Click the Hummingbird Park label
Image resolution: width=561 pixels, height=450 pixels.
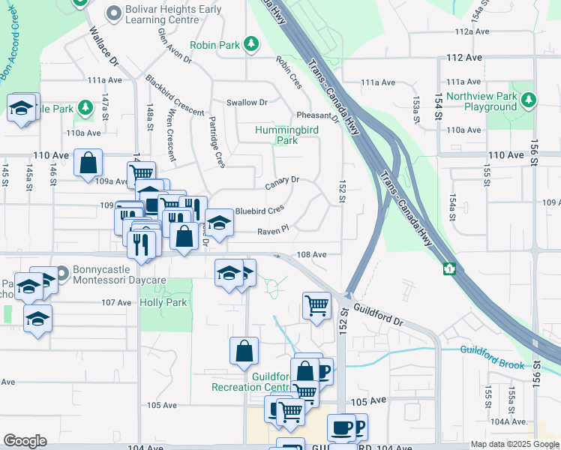(x=286, y=135)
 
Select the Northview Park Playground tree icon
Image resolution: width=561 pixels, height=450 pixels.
(x=529, y=97)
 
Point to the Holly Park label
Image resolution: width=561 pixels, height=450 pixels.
(x=163, y=303)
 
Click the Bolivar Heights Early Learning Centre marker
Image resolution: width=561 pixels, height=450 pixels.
(x=114, y=13)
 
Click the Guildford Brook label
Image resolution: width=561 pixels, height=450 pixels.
(x=491, y=349)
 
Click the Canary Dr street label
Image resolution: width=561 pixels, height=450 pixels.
(x=282, y=180)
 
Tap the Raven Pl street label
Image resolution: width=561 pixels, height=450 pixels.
(x=274, y=231)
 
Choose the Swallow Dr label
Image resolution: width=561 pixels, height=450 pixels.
(x=247, y=102)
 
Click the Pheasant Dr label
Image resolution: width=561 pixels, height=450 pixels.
(x=318, y=115)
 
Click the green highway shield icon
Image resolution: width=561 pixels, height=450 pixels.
(x=450, y=268)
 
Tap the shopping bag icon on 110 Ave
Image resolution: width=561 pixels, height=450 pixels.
(x=88, y=162)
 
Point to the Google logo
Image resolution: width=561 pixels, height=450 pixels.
(x=25, y=441)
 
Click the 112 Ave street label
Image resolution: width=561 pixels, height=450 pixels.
(x=463, y=57)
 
